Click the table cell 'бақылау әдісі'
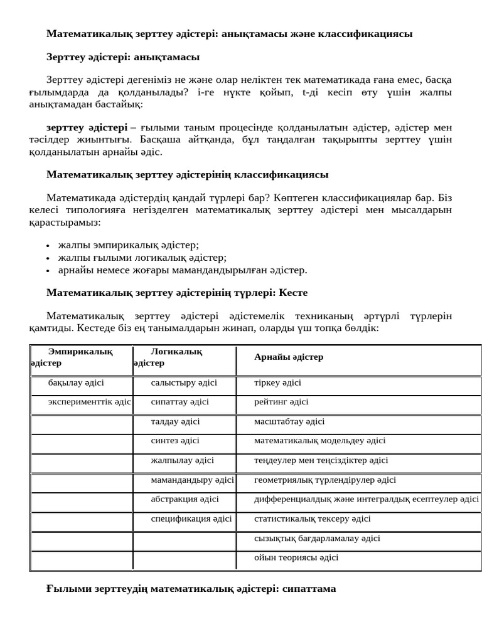tap(76, 382)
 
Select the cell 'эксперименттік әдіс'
tap(89, 402)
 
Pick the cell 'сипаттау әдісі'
tap(179, 402)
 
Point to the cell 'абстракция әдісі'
tap(185, 499)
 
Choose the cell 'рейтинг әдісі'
tap(281, 402)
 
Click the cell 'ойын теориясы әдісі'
tap(296, 557)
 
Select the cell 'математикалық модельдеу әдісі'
tap(319, 441)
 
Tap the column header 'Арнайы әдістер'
tap(289, 357)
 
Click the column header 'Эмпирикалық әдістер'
tap(80, 357)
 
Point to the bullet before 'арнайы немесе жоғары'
tap(49, 271)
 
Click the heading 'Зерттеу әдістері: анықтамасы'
tap(123, 57)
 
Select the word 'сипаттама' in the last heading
tap(309, 589)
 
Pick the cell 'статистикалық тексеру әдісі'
tap(312, 518)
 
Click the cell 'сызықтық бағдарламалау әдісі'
tap(317, 538)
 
